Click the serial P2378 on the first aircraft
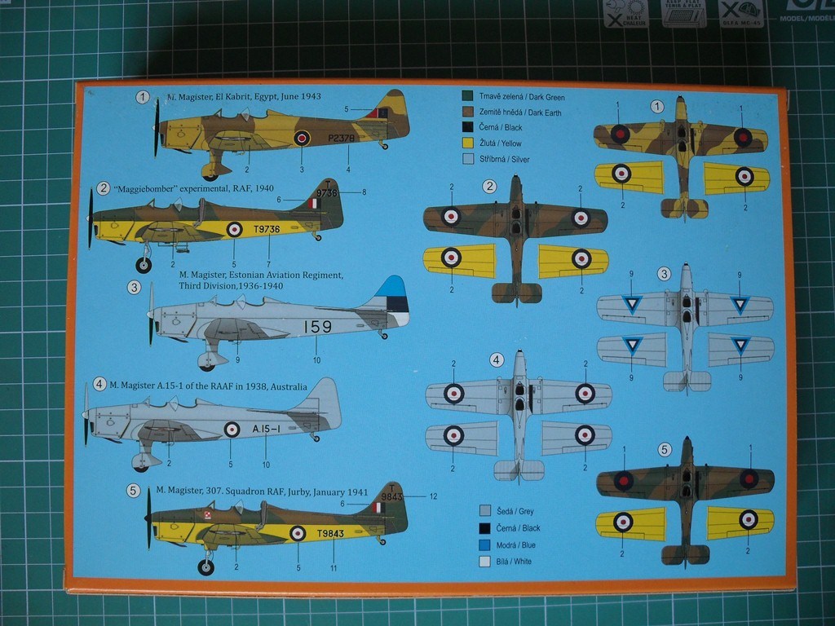point(341,139)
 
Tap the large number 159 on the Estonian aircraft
point(317,327)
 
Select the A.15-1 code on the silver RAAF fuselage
point(267,429)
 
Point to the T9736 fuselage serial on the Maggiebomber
point(263,229)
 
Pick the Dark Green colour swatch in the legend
point(467,97)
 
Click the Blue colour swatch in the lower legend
point(485,544)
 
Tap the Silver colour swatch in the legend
point(467,159)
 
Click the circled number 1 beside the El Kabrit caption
point(144,98)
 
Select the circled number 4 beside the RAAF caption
point(99,384)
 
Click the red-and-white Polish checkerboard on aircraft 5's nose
point(208,514)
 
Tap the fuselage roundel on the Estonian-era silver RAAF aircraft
point(232,429)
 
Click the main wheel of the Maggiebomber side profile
point(144,265)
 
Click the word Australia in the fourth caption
point(283,386)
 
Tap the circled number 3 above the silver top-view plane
point(664,274)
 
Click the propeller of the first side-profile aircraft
point(157,128)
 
